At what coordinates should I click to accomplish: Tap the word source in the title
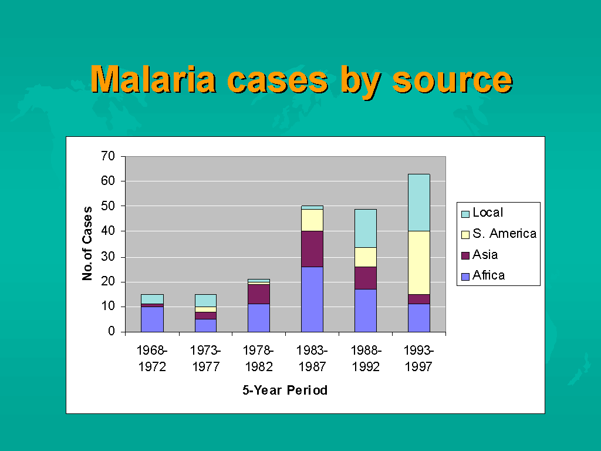452,80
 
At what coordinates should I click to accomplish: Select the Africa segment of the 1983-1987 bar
312,299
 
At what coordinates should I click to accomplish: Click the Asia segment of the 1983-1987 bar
312,248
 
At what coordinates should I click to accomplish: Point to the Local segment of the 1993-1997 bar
419,203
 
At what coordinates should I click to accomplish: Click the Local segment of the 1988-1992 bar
366,228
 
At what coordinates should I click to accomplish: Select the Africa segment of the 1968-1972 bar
152,319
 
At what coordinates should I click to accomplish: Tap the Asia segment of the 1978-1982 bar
259,294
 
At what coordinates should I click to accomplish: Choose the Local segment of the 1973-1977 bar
205,300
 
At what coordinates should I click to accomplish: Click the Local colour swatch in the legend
465,214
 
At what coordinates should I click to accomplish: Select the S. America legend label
504,234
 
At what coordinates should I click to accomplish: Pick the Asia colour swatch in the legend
465,255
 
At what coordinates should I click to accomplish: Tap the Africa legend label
488,275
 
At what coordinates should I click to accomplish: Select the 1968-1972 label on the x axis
152,359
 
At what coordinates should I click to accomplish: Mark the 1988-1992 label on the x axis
366,359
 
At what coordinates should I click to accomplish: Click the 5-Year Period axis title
285,390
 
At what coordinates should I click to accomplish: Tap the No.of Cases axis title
87,243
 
